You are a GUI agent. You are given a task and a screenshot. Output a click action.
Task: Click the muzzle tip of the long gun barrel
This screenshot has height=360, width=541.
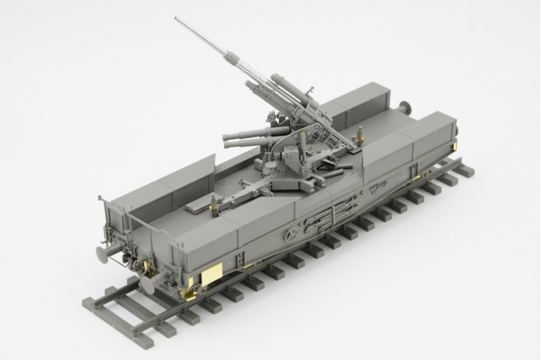pyautogui.click(x=176, y=19)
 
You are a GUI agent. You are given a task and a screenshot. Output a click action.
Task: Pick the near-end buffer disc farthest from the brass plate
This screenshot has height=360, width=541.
pyautogui.click(x=101, y=253)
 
